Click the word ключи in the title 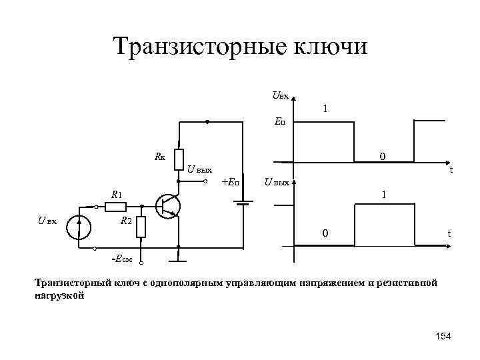(x=331, y=47)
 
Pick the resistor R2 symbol (x=141, y=227)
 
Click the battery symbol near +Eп (x=243, y=202)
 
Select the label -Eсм (x=121, y=258)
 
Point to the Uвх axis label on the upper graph (x=280, y=96)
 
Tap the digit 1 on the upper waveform (x=325, y=108)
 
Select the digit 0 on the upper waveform (x=382, y=157)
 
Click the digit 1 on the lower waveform (x=383, y=195)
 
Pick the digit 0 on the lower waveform (x=325, y=233)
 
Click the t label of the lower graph (x=449, y=233)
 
